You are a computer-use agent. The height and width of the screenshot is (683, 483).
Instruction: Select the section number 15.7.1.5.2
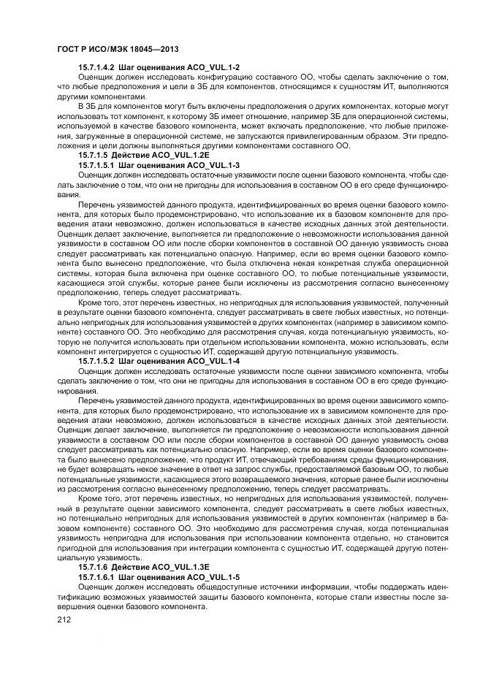[96, 361]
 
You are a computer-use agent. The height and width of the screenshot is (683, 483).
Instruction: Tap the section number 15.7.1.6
[92, 566]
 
